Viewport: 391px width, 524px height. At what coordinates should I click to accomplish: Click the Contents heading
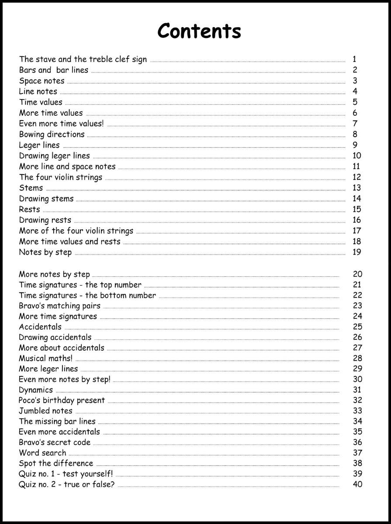[199, 31]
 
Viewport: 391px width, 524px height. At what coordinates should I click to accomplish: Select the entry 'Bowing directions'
[52, 134]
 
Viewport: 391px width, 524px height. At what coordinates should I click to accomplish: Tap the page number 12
[356, 177]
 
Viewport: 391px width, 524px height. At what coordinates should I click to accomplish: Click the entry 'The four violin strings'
[60, 177]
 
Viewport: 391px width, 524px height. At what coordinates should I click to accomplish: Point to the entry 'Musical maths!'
[45, 359]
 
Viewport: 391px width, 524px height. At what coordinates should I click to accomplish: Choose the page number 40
[357, 484]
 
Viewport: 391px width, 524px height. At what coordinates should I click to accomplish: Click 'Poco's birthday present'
[62, 400]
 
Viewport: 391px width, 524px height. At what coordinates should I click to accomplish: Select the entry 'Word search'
[42, 453]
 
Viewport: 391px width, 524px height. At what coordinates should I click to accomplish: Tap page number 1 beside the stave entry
[355, 59]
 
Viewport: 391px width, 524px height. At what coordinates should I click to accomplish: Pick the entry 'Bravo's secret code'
[55, 442]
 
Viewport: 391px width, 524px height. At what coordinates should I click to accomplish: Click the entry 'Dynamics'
[36, 390]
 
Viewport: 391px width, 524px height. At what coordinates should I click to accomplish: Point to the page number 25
[357, 327]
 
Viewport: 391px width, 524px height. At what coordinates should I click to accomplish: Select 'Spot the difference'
[56, 463]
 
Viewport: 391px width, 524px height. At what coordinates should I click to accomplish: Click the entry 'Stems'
[31, 188]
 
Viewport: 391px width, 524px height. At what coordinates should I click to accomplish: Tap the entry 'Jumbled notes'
[45, 411]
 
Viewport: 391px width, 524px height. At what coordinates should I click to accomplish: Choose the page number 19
[356, 252]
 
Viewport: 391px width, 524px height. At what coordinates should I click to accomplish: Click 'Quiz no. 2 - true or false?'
[66, 484]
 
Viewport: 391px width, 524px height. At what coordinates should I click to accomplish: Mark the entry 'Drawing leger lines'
[54, 156]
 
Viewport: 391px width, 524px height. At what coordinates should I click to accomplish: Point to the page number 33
[357, 411]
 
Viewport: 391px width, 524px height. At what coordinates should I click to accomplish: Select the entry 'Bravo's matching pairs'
[59, 306]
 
